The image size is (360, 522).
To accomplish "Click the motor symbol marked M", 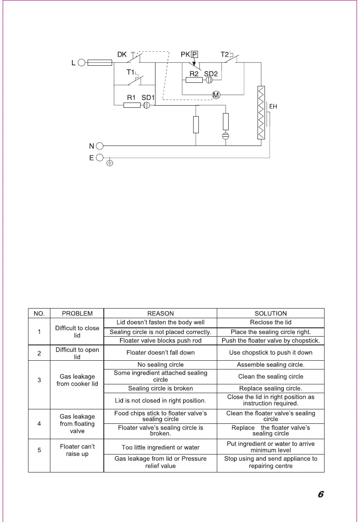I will click(x=216, y=95).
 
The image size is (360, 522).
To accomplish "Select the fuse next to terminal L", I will click(x=100, y=63).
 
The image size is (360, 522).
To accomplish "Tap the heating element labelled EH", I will click(x=261, y=113).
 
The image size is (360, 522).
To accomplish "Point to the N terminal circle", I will click(x=99, y=146).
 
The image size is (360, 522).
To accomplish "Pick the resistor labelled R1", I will click(x=132, y=105).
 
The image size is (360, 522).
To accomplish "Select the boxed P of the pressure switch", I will click(x=194, y=55).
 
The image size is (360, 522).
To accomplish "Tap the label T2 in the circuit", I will click(x=225, y=54).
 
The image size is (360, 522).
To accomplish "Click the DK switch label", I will click(x=122, y=55).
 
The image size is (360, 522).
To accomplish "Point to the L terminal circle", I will click(x=81, y=63).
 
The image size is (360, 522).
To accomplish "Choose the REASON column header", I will click(x=160, y=313).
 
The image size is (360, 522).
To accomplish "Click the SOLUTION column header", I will click(x=271, y=313).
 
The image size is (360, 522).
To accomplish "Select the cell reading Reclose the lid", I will click(x=271, y=323).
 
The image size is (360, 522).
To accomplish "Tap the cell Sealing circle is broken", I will click(x=160, y=388).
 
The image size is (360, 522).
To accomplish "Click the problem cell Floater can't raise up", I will click(x=77, y=450).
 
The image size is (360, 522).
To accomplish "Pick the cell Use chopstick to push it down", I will click(x=271, y=352).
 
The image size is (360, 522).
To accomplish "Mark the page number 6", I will click(x=321, y=495).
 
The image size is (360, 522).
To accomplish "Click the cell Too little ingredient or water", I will click(x=160, y=447).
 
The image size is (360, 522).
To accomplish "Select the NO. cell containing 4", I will click(x=39, y=424).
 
